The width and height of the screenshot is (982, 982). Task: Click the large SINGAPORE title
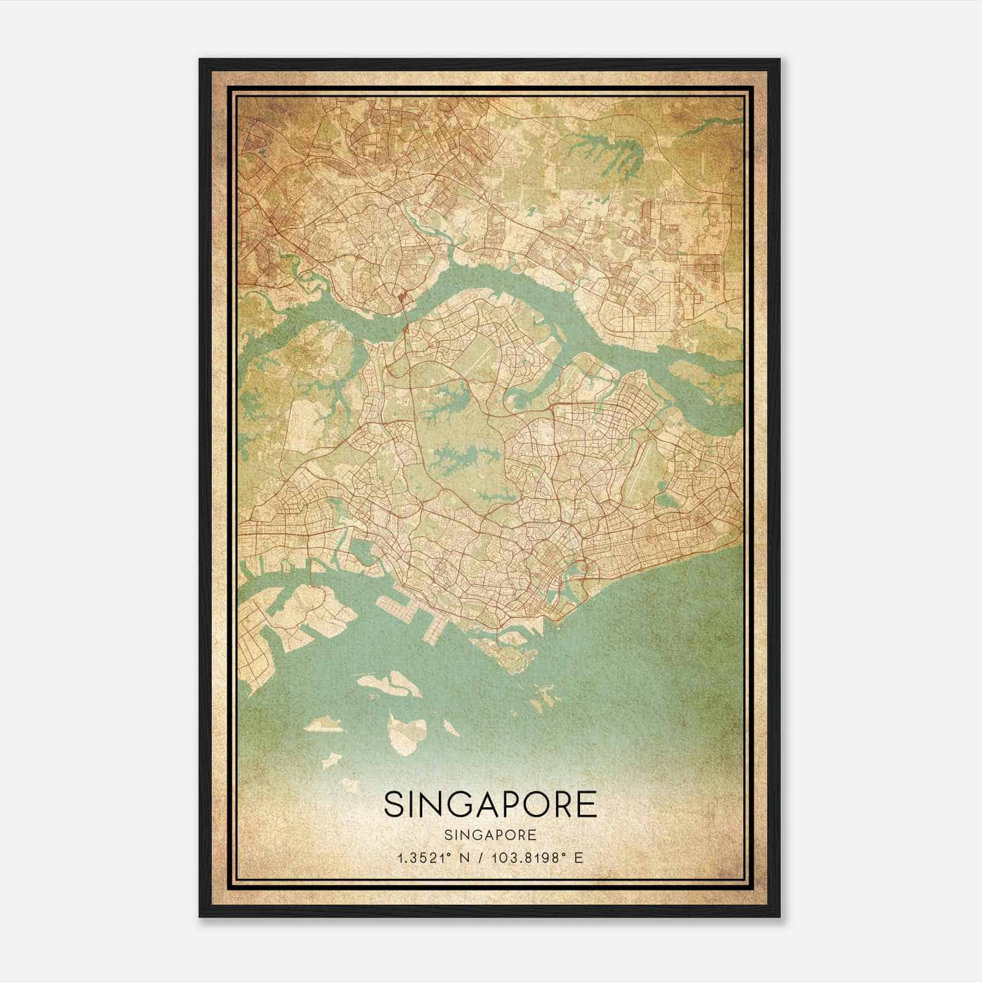click(x=490, y=804)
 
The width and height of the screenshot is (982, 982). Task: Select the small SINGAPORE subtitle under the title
click(x=490, y=835)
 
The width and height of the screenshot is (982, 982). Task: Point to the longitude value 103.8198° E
click(x=535, y=858)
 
